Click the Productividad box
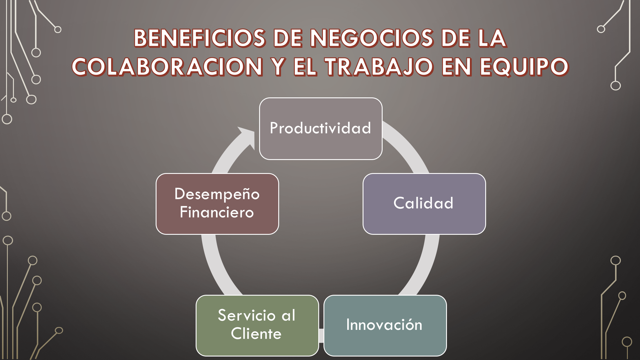(x=321, y=129)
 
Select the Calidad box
(x=424, y=204)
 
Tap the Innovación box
(x=385, y=326)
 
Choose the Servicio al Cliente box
(x=257, y=326)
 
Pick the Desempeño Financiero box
(x=217, y=204)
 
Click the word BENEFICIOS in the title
(x=199, y=38)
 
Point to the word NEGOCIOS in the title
(x=372, y=38)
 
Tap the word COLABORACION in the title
(x=168, y=67)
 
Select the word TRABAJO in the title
(x=379, y=67)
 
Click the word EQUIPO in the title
(x=524, y=67)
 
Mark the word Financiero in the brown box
(x=217, y=212)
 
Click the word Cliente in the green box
(x=256, y=334)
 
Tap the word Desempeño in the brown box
(x=217, y=194)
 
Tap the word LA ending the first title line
(x=492, y=38)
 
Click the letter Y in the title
(x=279, y=67)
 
